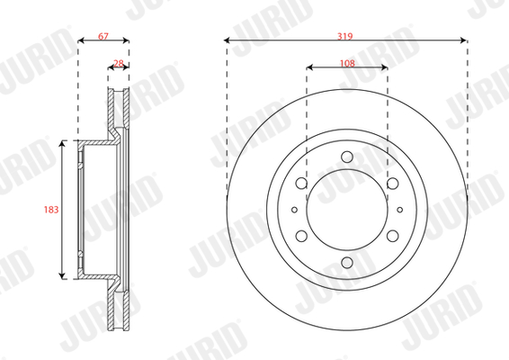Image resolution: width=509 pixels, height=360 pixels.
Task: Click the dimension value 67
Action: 103,36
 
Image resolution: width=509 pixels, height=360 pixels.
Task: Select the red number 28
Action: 119,63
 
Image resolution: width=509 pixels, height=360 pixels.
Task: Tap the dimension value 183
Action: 51,210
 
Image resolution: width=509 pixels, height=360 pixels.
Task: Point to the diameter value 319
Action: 344,36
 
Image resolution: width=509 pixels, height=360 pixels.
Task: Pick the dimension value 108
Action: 347,63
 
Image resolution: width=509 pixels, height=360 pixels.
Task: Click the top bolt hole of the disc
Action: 347,157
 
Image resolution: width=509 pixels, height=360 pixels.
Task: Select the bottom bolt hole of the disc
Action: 347,263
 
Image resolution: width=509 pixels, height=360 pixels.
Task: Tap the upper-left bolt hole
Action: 301,184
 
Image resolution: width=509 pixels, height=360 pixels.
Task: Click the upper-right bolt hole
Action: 393,184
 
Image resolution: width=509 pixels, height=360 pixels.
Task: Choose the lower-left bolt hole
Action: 301,236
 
